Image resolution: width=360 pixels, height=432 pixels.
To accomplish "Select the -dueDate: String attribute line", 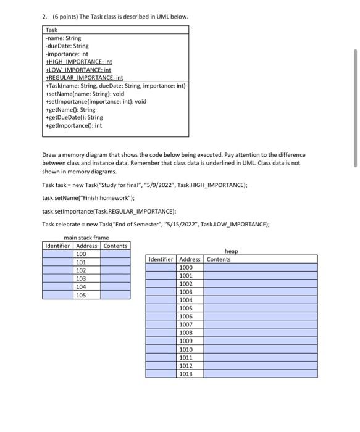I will (67, 46).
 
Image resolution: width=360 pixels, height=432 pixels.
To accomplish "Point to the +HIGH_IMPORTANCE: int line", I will (78, 62).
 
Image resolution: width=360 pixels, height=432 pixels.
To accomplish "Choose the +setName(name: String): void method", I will (85, 94).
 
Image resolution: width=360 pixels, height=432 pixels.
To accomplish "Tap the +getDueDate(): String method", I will (74, 117).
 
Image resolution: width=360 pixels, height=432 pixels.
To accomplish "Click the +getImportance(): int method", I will (73, 125).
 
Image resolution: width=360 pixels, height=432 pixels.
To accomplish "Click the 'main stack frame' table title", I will (86, 238).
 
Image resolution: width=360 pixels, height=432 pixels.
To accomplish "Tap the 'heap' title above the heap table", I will (231, 251).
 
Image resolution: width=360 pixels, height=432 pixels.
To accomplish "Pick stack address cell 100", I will (81, 254).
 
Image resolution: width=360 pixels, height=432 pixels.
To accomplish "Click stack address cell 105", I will (81, 295).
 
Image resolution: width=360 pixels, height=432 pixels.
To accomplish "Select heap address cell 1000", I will (186, 267).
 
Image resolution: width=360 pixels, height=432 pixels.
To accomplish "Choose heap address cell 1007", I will (186, 324).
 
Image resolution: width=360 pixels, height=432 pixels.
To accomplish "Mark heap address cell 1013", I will (186, 373).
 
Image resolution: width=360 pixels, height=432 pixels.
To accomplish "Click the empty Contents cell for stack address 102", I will (115, 270).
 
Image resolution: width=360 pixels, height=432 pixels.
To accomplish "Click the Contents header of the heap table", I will (219, 259).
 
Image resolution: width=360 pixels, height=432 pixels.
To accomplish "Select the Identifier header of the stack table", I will (58, 246).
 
